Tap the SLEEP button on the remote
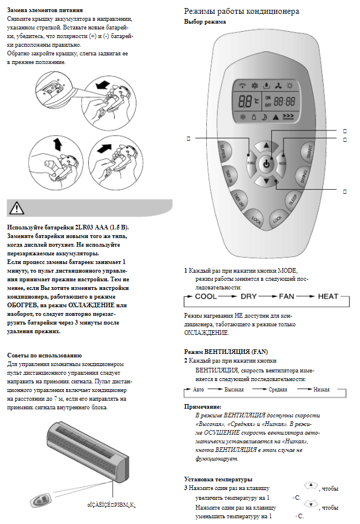pos(292,199)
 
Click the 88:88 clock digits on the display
pos(284,100)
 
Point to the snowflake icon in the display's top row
pos(253,84)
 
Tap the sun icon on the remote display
pos(290,84)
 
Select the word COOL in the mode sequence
pos(206,296)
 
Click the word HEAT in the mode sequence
pos(328,296)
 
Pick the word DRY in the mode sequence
pos(248,296)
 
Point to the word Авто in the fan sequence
pos(199,390)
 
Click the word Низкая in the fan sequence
pos(322,390)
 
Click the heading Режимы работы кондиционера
pos(241,11)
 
